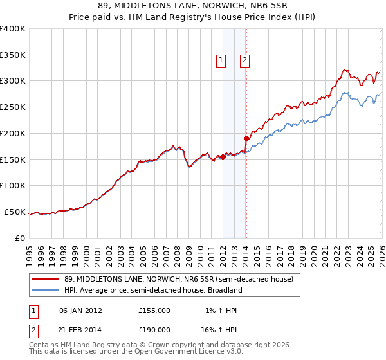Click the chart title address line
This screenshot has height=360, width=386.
(x=193, y=6)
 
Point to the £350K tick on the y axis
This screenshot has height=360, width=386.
(x=13, y=55)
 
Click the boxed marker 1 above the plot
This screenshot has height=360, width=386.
(x=221, y=60)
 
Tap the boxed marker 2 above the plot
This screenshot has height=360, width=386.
(x=245, y=60)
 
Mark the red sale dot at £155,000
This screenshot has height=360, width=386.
(x=223, y=157)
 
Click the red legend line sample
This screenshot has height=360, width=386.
(x=46, y=279)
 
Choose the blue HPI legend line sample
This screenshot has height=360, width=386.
(x=46, y=290)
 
